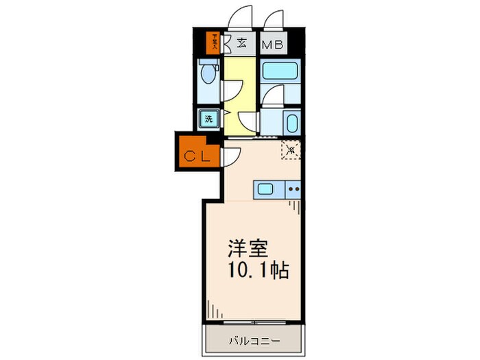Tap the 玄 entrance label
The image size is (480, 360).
point(241,43)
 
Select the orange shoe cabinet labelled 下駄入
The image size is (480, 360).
point(215,43)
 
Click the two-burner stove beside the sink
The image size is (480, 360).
point(293,189)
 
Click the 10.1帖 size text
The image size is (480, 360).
point(254,269)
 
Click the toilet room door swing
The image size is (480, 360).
point(230,90)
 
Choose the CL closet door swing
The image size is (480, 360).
point(228,156)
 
